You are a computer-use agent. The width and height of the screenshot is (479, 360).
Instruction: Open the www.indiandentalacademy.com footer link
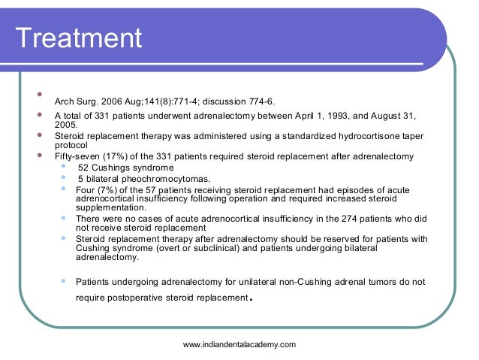[239, 344]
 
